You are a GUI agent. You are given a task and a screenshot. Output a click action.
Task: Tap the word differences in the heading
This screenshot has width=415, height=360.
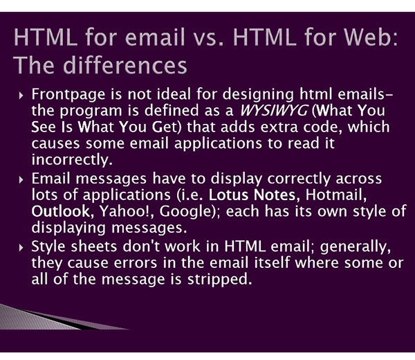125,65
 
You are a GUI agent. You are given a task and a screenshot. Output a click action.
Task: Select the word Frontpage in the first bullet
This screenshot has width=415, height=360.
68,95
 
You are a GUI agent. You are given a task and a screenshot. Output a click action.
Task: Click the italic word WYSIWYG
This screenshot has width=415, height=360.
274,111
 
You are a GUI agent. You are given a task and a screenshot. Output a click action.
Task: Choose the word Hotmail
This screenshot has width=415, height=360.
336,195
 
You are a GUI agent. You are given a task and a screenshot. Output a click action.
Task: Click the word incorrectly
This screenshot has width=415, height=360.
72,160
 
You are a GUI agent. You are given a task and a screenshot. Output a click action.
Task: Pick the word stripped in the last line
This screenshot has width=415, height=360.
219,280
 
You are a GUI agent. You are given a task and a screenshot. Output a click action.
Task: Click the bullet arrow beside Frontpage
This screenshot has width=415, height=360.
21,96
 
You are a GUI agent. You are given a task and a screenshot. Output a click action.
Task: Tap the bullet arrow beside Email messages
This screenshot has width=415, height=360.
21,180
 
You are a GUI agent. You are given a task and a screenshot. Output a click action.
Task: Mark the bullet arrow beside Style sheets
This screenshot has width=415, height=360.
21,248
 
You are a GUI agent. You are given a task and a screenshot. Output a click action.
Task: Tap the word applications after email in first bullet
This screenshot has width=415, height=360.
218,144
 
